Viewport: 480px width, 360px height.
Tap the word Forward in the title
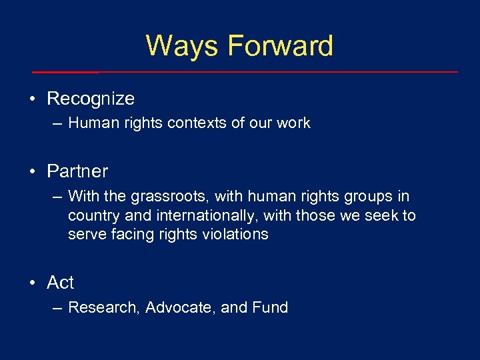[x=280, y=46]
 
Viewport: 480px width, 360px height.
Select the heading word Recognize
[x=91, y=99]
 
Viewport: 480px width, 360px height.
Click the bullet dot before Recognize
[x=32, y=99]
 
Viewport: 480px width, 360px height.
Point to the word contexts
[x=204, y=123]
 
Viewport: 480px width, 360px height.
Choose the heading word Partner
[x=77, y=171]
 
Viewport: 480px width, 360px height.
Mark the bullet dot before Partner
[x=32, y=172]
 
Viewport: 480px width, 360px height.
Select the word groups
[x=373, y=197]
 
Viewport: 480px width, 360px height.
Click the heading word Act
[x=61, y=283]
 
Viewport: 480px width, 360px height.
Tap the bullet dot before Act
[x=32, y=283]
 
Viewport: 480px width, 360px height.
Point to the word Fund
[x=270, y=307]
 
